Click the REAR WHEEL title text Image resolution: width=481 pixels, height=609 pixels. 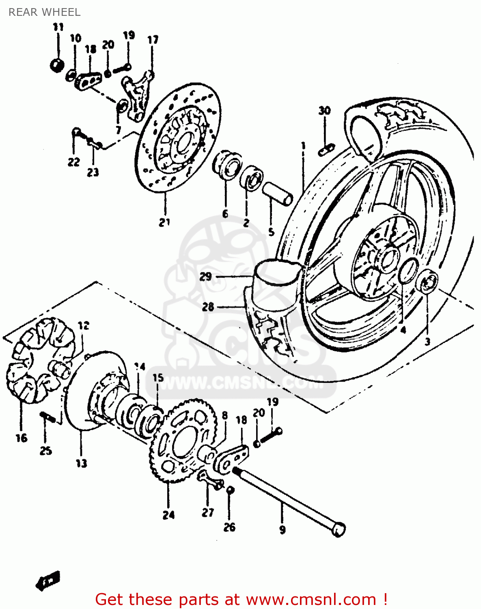tap(44, 12)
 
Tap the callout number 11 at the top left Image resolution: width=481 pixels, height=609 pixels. tap(58, 27)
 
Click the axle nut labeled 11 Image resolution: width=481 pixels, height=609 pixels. tap(57, 65)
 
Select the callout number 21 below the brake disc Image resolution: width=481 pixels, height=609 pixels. tap(164, 222)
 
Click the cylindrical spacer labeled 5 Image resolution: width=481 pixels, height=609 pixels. tap(278, 194)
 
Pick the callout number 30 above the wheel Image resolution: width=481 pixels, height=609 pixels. tap(324, 110)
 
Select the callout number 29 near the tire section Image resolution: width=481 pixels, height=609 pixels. tap(206, 276)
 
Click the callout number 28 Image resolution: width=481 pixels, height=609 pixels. tap(208, 307)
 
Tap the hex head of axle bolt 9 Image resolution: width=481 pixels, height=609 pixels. tap(339, 530)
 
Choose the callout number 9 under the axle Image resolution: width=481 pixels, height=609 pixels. tap(283, 529)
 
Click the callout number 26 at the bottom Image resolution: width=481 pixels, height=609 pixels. tap(229, 527)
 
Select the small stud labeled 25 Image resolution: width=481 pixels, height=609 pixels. tap(47, 417)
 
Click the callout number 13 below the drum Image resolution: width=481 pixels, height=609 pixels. tap(81, 463)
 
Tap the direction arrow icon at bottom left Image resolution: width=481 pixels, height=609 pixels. tap(48, 581)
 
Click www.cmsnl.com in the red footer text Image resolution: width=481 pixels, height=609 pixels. tap(311, 599)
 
